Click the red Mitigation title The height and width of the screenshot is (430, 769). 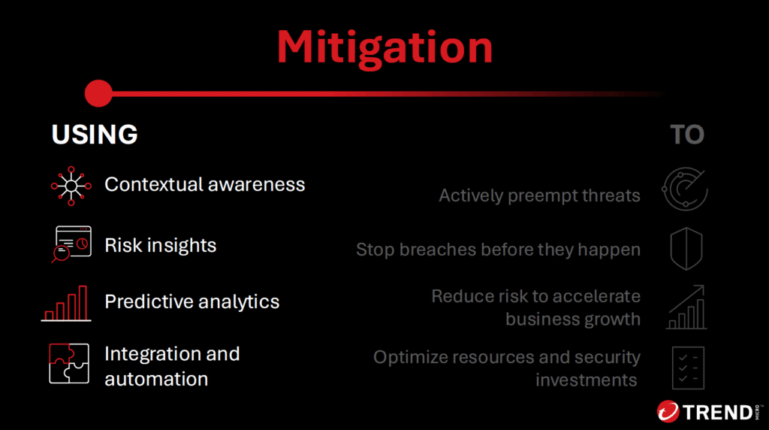click(384, 47)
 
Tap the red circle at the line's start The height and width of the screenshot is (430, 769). click(98, 93)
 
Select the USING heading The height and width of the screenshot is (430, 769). click(95, 135)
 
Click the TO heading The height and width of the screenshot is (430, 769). click(687, 135)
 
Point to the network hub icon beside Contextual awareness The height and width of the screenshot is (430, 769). click(71, 186)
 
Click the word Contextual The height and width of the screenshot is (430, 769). click(153, 185)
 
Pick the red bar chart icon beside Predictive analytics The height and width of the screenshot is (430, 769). click(66, 304)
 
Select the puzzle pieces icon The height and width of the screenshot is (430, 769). click(69, 363)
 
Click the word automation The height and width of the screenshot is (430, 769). click(156, 379)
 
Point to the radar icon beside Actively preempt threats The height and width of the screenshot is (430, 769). click(685, 189)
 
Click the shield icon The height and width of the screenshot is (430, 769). click(686, 248)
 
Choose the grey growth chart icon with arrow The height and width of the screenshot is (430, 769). click(686, 307)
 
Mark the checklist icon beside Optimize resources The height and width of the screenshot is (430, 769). click(688, 368)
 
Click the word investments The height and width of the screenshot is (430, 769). click(586, 380)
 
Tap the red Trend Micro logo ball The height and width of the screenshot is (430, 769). click(668, 411)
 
